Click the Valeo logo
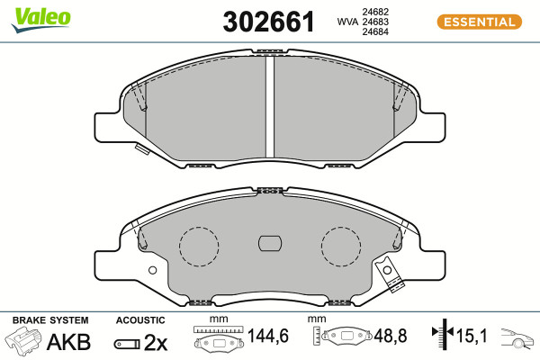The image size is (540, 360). pyautogui.click(x=41, y=20)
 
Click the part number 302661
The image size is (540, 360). pyautogui.click(x=268, y=22)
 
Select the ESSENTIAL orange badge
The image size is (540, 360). pyautogui.click(x=480, y=22)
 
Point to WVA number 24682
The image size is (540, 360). pyautogui.click(x=375, y=12)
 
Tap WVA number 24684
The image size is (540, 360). pyautogui.click(x=375, y=31)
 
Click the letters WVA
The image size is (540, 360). pyautogui.click(x=347, y=22)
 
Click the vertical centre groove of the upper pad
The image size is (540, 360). pyautogui.click(x=270, y=106)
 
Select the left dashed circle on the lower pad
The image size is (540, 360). pyautogui.click(x=199, y=247)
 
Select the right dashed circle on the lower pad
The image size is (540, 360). pyautogui.click(x=341, y=247)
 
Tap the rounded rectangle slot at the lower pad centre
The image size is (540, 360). pyautogui.click(x=270, y=244)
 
